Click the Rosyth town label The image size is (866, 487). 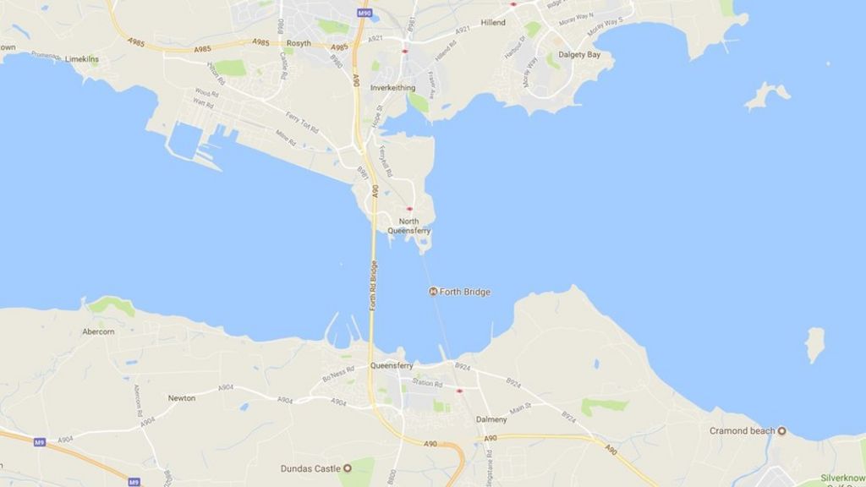coord(299,44)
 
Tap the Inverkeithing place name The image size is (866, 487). coord(392,88)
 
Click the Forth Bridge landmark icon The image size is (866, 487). coord(434,292)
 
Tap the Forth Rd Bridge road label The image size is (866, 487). coord(373,284)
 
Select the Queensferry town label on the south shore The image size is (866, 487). coord(392,366)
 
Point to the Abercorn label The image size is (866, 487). coord(99,332)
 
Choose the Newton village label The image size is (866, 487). coord(182,397)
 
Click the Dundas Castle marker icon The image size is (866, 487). coord(347,468)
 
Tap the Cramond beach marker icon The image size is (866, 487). coord(781,430)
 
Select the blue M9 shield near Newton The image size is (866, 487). coord(39,442)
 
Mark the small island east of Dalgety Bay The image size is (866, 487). coord(767,95)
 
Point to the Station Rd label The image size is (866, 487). coord(426,384)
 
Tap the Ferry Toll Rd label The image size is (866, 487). coord(302,123)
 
